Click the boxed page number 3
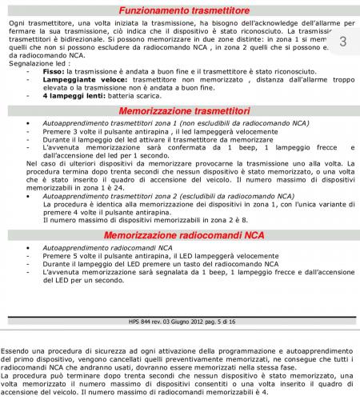342,42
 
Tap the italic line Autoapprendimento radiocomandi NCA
97,248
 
